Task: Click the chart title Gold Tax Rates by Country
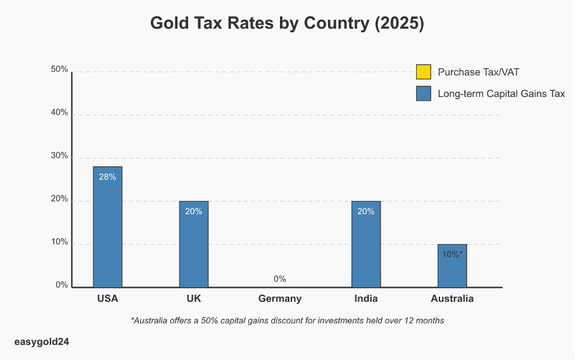(287, 23)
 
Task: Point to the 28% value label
(108, 177)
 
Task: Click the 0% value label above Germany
(280, 279)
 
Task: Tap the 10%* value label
(452, 254)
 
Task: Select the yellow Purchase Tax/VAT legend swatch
(424, 72)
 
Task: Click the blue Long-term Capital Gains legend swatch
(424, 94)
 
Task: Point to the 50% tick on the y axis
(60, 70)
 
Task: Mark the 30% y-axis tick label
(60, 156)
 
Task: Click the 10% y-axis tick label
(60, 242)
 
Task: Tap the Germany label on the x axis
(280, 299)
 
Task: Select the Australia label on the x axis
(452, 299)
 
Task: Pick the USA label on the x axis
(108, 299)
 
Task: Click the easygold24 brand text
(41, 342)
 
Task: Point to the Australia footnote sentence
(287, 321)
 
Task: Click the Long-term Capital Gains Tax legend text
(501, 94)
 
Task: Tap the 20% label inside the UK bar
(194, 211)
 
